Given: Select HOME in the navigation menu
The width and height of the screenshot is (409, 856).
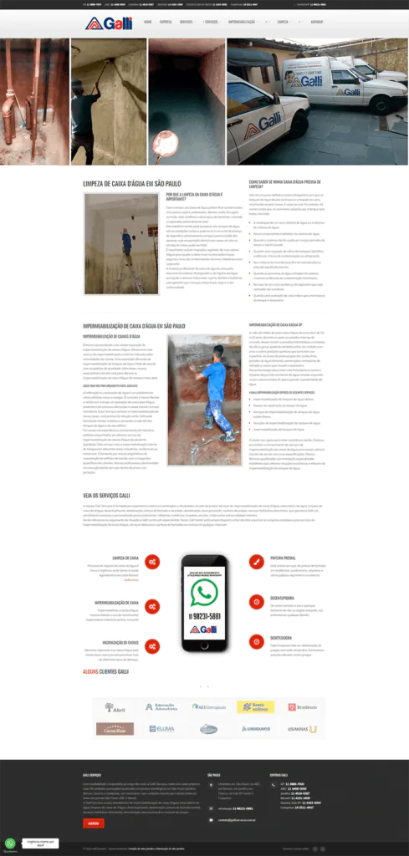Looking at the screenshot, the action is [x=147, y=22].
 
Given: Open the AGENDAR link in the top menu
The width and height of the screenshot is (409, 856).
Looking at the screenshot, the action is [x=316, y=22].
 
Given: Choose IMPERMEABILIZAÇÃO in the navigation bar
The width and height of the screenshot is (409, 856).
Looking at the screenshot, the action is [x=242, y=22].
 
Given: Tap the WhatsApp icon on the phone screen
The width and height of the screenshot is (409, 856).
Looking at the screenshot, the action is [x=203, y=593].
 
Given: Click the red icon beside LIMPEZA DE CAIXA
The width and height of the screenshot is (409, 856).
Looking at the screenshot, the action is [x=152, y=562].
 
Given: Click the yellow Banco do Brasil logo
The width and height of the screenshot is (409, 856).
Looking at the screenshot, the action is [x=255, y=707].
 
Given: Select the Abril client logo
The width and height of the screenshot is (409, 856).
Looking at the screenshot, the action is [x=115, y=707].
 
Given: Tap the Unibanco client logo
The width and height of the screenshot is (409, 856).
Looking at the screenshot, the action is [x=255, y=729].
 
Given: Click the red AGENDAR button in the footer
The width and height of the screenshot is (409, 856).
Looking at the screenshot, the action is [x=94, y=823].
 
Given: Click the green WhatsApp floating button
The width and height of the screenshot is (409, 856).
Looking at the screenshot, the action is [x=10, y=843].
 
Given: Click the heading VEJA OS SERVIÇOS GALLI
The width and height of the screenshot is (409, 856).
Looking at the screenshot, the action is [x=106, y=495].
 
